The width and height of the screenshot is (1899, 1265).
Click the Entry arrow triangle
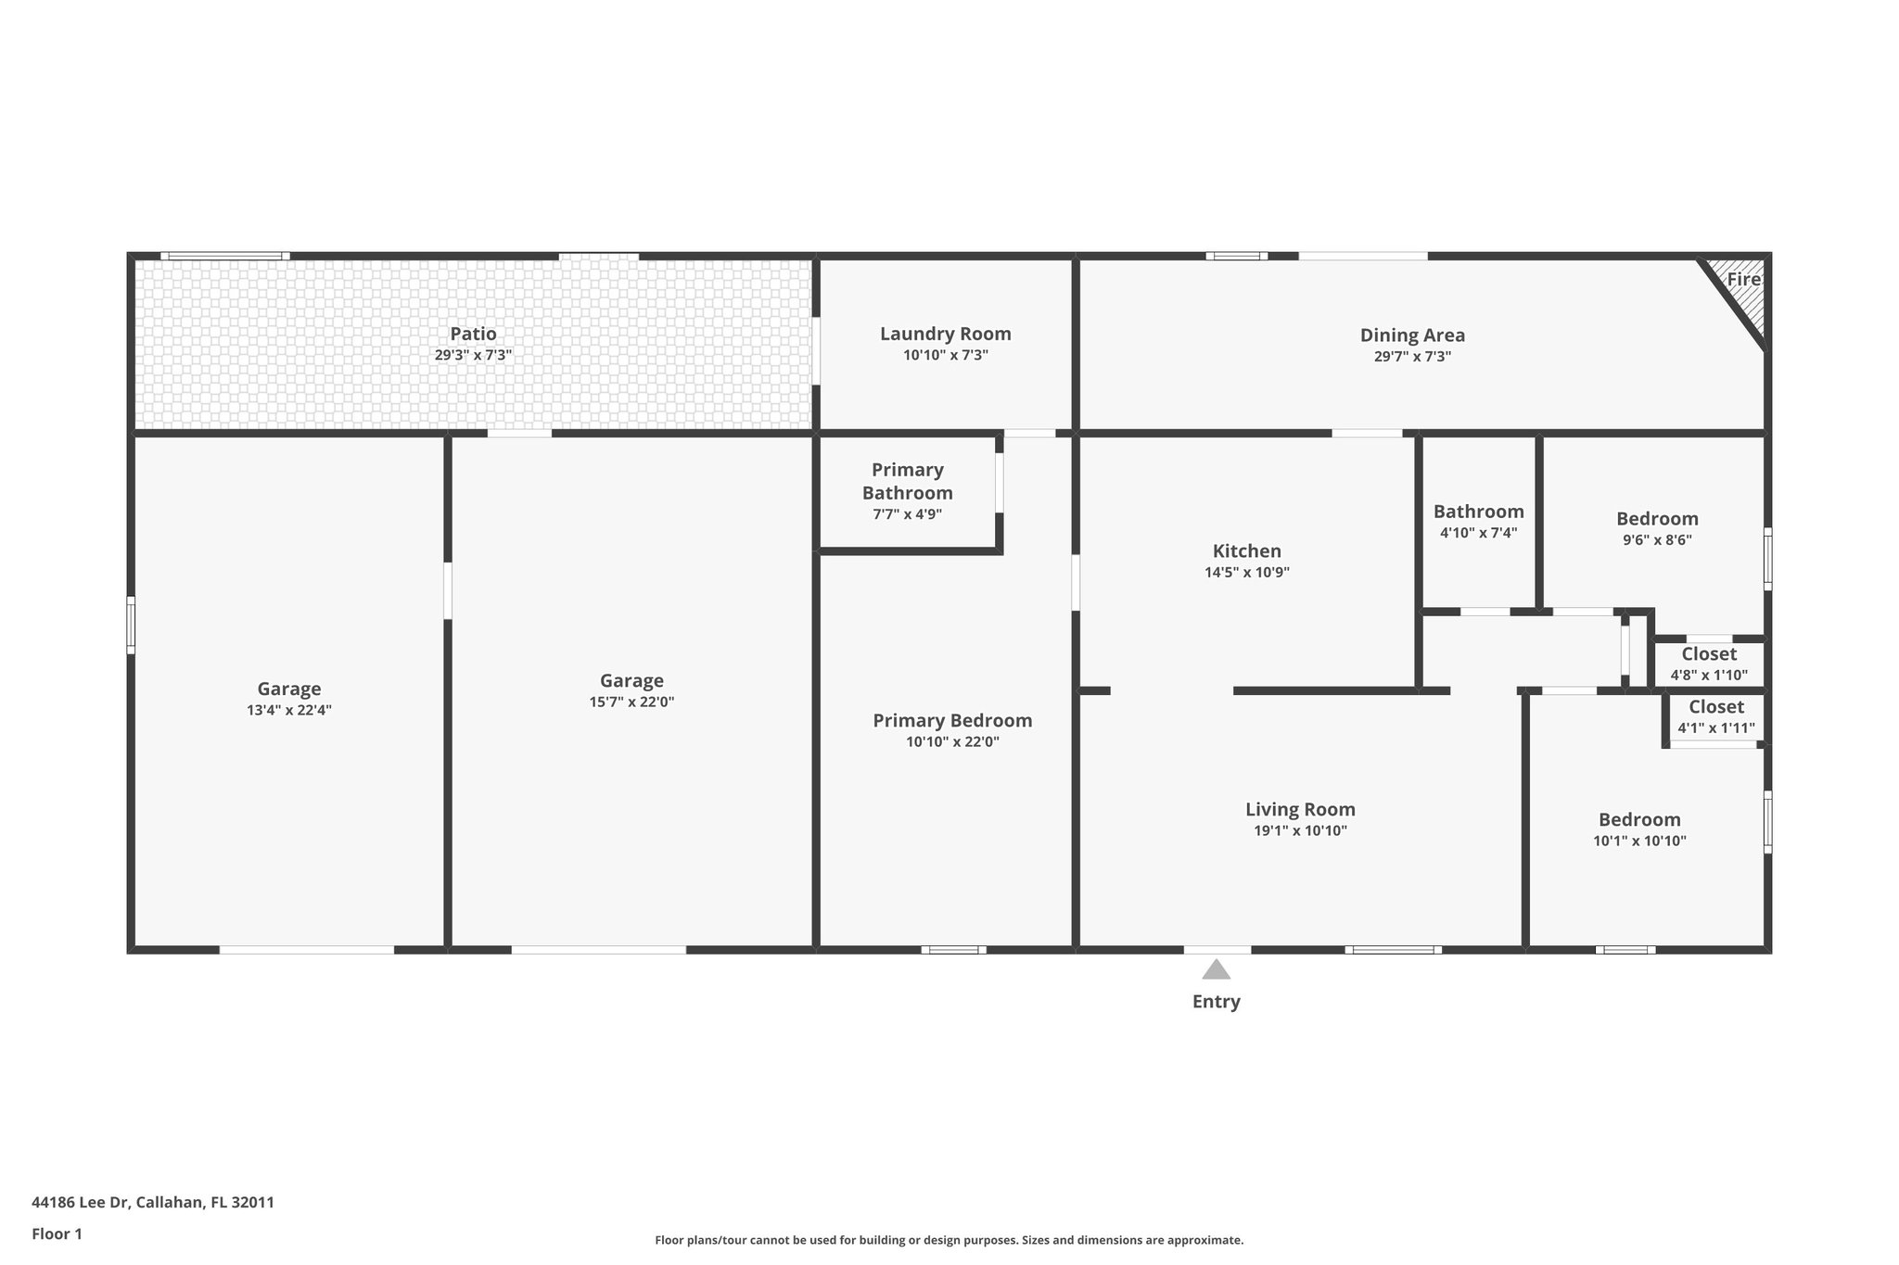click(x=1216, y=970)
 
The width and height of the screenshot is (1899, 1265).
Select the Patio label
click(x=473, y=334)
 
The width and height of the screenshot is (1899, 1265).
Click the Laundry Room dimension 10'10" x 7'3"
click(x=946, y=355)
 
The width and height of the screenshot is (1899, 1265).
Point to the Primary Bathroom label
click(x=908, y=481)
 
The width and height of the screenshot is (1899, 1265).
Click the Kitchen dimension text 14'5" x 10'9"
click(x=1246, y=573)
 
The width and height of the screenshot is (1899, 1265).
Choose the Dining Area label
click(x=1412, y=335)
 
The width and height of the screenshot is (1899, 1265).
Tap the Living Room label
click(x=1300, y=810)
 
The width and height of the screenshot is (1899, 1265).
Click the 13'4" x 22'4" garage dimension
click(x=289, y=711)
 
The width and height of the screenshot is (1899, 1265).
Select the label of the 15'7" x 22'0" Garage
click(x=631, y=681)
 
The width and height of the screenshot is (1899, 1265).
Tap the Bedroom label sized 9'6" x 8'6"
click(x=1657, y=519)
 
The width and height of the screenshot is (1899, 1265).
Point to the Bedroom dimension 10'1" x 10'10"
click(x=1639, y=841)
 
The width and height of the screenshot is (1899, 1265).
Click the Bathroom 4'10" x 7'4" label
click(x=1478, y=512)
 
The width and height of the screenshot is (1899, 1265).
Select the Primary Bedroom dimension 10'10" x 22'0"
click(x=952, y=741)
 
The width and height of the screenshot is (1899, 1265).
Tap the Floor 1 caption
click(x=57, y=1233)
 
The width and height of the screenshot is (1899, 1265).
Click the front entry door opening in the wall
click(x=1217, y=949)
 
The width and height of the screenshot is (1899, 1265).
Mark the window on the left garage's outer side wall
click(x=131, y=625)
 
